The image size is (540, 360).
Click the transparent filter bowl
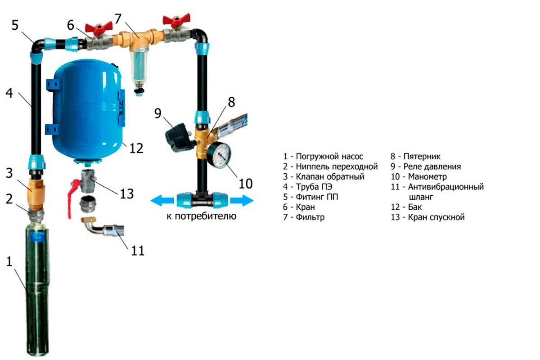137,66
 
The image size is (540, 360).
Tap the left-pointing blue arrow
162,201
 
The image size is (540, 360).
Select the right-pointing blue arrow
242,201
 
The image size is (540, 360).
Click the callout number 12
136,148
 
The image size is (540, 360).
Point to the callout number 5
15,25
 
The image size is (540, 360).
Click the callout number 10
246,184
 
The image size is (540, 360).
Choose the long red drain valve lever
72,199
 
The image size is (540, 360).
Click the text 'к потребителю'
202,216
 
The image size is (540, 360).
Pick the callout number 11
138,251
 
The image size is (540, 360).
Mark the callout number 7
117,18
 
